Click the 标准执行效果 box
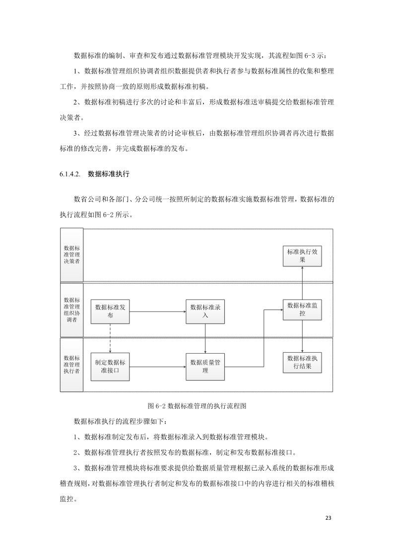click(303, 256)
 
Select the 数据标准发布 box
click(110, 311)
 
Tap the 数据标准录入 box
click(205, 311)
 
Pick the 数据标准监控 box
click(303, 310)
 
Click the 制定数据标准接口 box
click(110, 366)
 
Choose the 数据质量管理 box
click(205, 366)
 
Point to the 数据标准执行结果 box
click(303, 363)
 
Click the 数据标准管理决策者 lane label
click(72, 255)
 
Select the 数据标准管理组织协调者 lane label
click(72, 310)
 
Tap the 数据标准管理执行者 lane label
click(72, 364)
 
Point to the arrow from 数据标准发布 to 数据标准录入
click(157, 312)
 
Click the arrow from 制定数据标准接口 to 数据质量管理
click(157, 367)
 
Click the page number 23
click(328, 518)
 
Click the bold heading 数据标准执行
click(109, 174)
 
